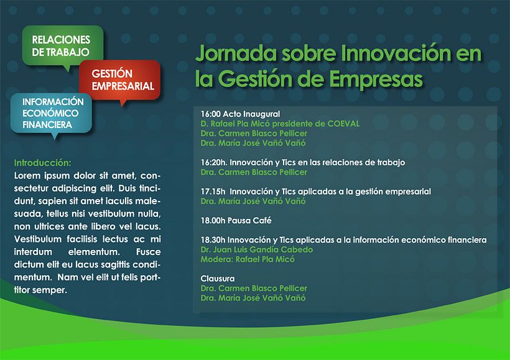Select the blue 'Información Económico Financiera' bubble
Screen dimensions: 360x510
click(x=52, y=113)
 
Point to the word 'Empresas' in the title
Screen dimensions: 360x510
click(x=373, y=80)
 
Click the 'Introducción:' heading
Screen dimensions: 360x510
click(x=42, y=162)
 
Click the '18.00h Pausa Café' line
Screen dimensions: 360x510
click(x=236, y=221)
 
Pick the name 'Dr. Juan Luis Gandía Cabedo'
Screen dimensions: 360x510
click(x=256, y=249)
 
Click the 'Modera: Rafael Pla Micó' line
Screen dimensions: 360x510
click(x=248, y=259)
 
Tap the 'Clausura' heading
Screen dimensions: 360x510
click(x=218, y=279)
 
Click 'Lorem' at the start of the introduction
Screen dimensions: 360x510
click(x=27, y=174)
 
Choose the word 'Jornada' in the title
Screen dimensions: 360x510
click(x=227, y=54)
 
